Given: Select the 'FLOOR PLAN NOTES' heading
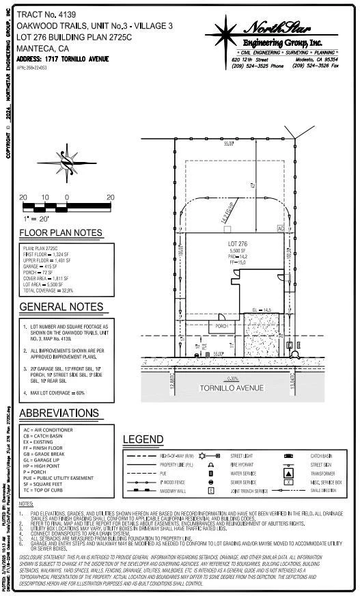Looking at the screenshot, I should coord(61,233).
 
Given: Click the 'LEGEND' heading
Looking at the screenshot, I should coord(143,439).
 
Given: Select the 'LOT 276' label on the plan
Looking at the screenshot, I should coord(237,243).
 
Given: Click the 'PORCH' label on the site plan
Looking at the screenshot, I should coord(221,326).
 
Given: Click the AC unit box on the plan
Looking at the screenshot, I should coord(280,228).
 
